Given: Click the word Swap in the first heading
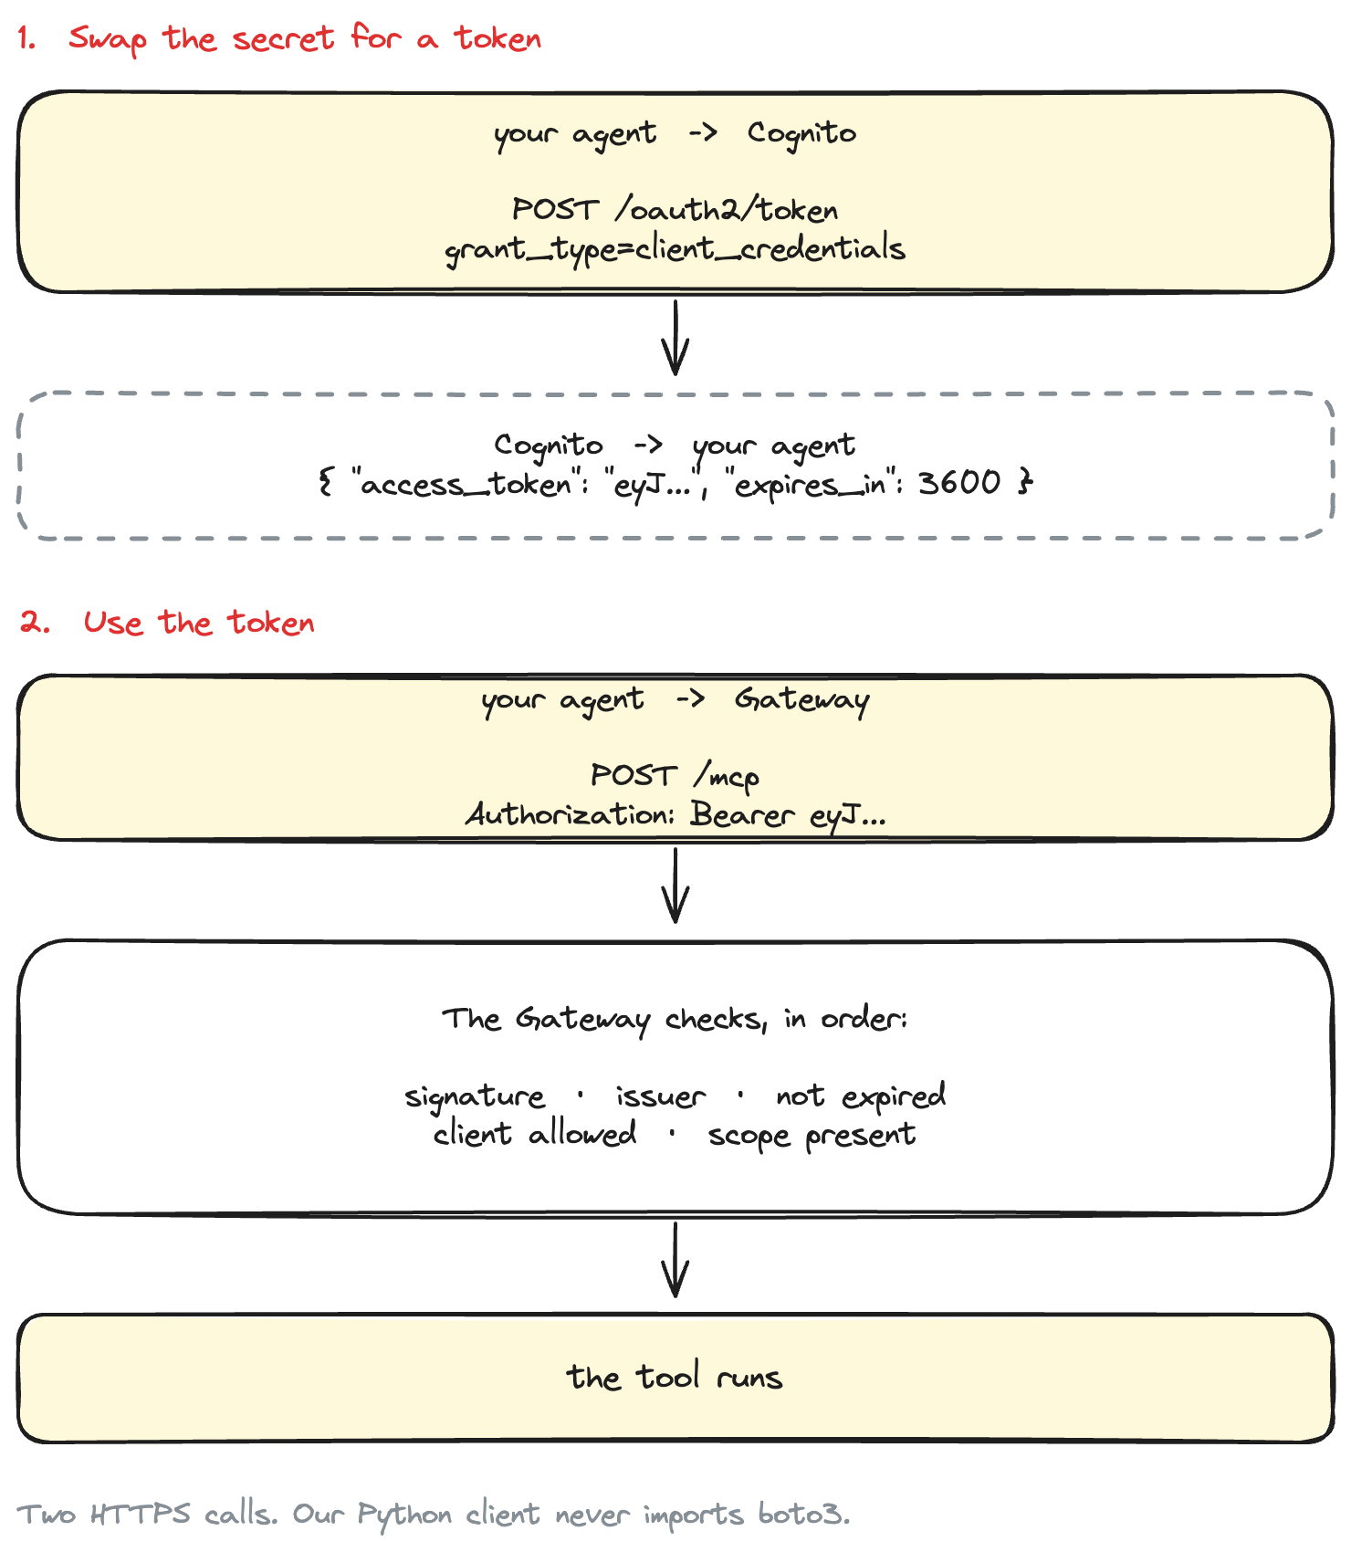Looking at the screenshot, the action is pos(108,39).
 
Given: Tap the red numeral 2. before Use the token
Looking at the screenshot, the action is pos(35,623).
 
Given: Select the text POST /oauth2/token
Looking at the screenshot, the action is pos(675,209).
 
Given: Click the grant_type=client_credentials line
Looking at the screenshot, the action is pos(675,249).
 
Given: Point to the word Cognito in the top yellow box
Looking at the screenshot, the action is pos(801,134).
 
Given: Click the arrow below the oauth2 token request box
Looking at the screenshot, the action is pos(675,338).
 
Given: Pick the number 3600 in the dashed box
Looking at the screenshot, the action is pos(959,482).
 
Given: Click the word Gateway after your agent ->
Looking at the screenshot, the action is pos(802,700).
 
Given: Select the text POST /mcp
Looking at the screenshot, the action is pos(675,775).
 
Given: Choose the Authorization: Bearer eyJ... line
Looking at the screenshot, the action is pos(675,814).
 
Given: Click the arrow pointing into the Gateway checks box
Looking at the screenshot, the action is pos(675,886).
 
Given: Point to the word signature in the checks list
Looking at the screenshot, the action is pos(475,1096).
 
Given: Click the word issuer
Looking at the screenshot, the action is pos(660,1096).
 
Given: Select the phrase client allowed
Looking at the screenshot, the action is pos(535,1134).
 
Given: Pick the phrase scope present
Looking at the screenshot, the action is pos(812,1136).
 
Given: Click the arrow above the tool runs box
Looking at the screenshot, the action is pos(675,1260).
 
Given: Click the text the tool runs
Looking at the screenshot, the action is pos(675,1377).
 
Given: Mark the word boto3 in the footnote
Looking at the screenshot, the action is pos(803,1515).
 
